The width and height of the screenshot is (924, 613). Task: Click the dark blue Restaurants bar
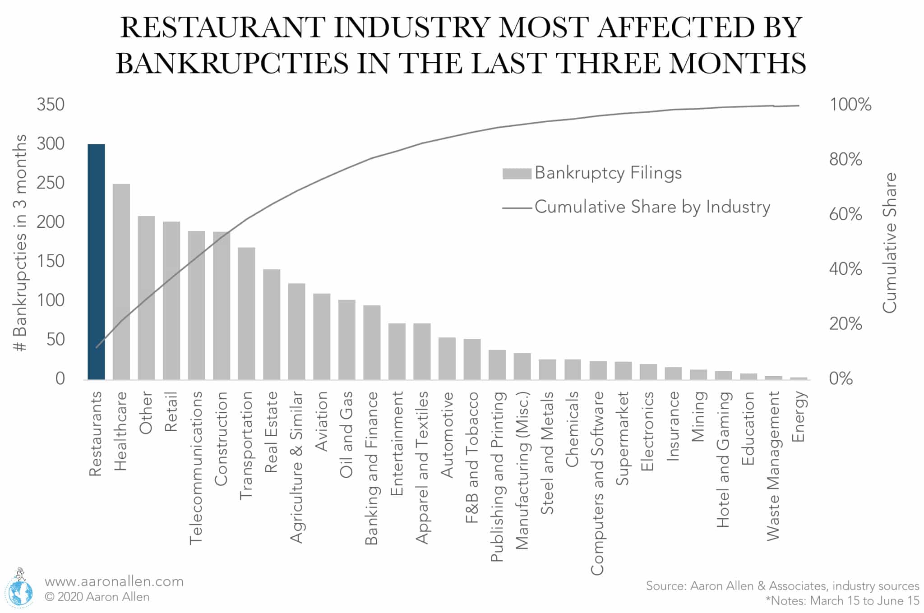coord(96,262)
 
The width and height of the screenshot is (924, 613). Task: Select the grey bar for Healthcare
coord(121,282)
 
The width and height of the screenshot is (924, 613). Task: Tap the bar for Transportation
coord(246,313)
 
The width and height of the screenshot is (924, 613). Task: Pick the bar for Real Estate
coord(272,324)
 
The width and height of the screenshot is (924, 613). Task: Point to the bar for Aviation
coord(322,336)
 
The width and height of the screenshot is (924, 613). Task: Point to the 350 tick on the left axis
coord(51,105)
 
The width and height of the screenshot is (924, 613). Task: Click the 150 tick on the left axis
coord(51,261)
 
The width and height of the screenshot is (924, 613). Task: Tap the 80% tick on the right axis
coord(845,159)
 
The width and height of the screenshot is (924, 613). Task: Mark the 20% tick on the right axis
coord(845,324)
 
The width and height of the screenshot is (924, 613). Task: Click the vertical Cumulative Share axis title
coord(890,243)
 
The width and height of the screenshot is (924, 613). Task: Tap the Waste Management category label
coord(773,466)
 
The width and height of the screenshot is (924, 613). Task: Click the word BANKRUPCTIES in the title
coord(232,63)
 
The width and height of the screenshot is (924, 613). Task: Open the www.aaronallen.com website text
coord(114,581)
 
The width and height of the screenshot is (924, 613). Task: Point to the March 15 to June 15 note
coord(842,601)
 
